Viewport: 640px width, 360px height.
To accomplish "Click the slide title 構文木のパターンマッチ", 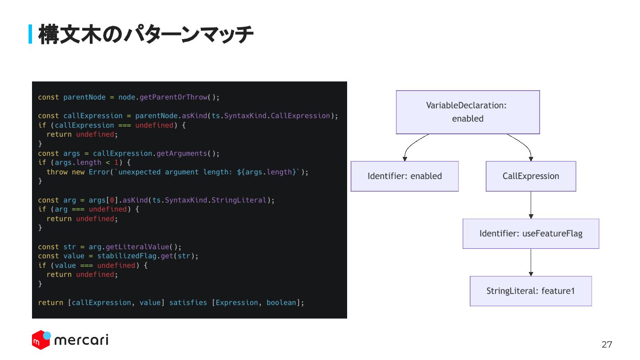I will [146, 34].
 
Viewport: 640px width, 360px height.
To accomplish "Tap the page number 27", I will [607, 344].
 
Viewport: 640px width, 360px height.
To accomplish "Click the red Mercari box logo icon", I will [41, 340].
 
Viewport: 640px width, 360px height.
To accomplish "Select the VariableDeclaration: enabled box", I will [468, 112].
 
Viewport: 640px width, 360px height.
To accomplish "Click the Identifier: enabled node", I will [404, 176].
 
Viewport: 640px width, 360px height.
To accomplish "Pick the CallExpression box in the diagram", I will [531, 176].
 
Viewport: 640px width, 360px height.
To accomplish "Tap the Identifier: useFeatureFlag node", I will [531, 233].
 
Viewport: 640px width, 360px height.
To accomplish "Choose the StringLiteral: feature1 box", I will [531, 291].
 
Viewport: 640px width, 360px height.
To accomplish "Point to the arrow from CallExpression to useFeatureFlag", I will [531, 205].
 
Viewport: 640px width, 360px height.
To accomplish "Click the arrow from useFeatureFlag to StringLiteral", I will [531, 262].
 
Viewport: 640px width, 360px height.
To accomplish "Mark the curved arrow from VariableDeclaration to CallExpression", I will [525, 145].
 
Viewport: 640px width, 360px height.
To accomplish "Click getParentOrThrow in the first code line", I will [173, 97].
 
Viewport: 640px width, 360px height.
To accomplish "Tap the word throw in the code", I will [57, 172].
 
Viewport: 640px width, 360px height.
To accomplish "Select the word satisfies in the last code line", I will [188, 303].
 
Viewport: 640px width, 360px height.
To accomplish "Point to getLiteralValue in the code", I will [137, 247].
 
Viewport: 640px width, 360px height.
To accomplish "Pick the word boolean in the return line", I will [281, 303].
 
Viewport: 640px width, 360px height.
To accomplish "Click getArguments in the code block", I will [182, 153].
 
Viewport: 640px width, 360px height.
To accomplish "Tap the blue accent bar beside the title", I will [31, 34].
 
